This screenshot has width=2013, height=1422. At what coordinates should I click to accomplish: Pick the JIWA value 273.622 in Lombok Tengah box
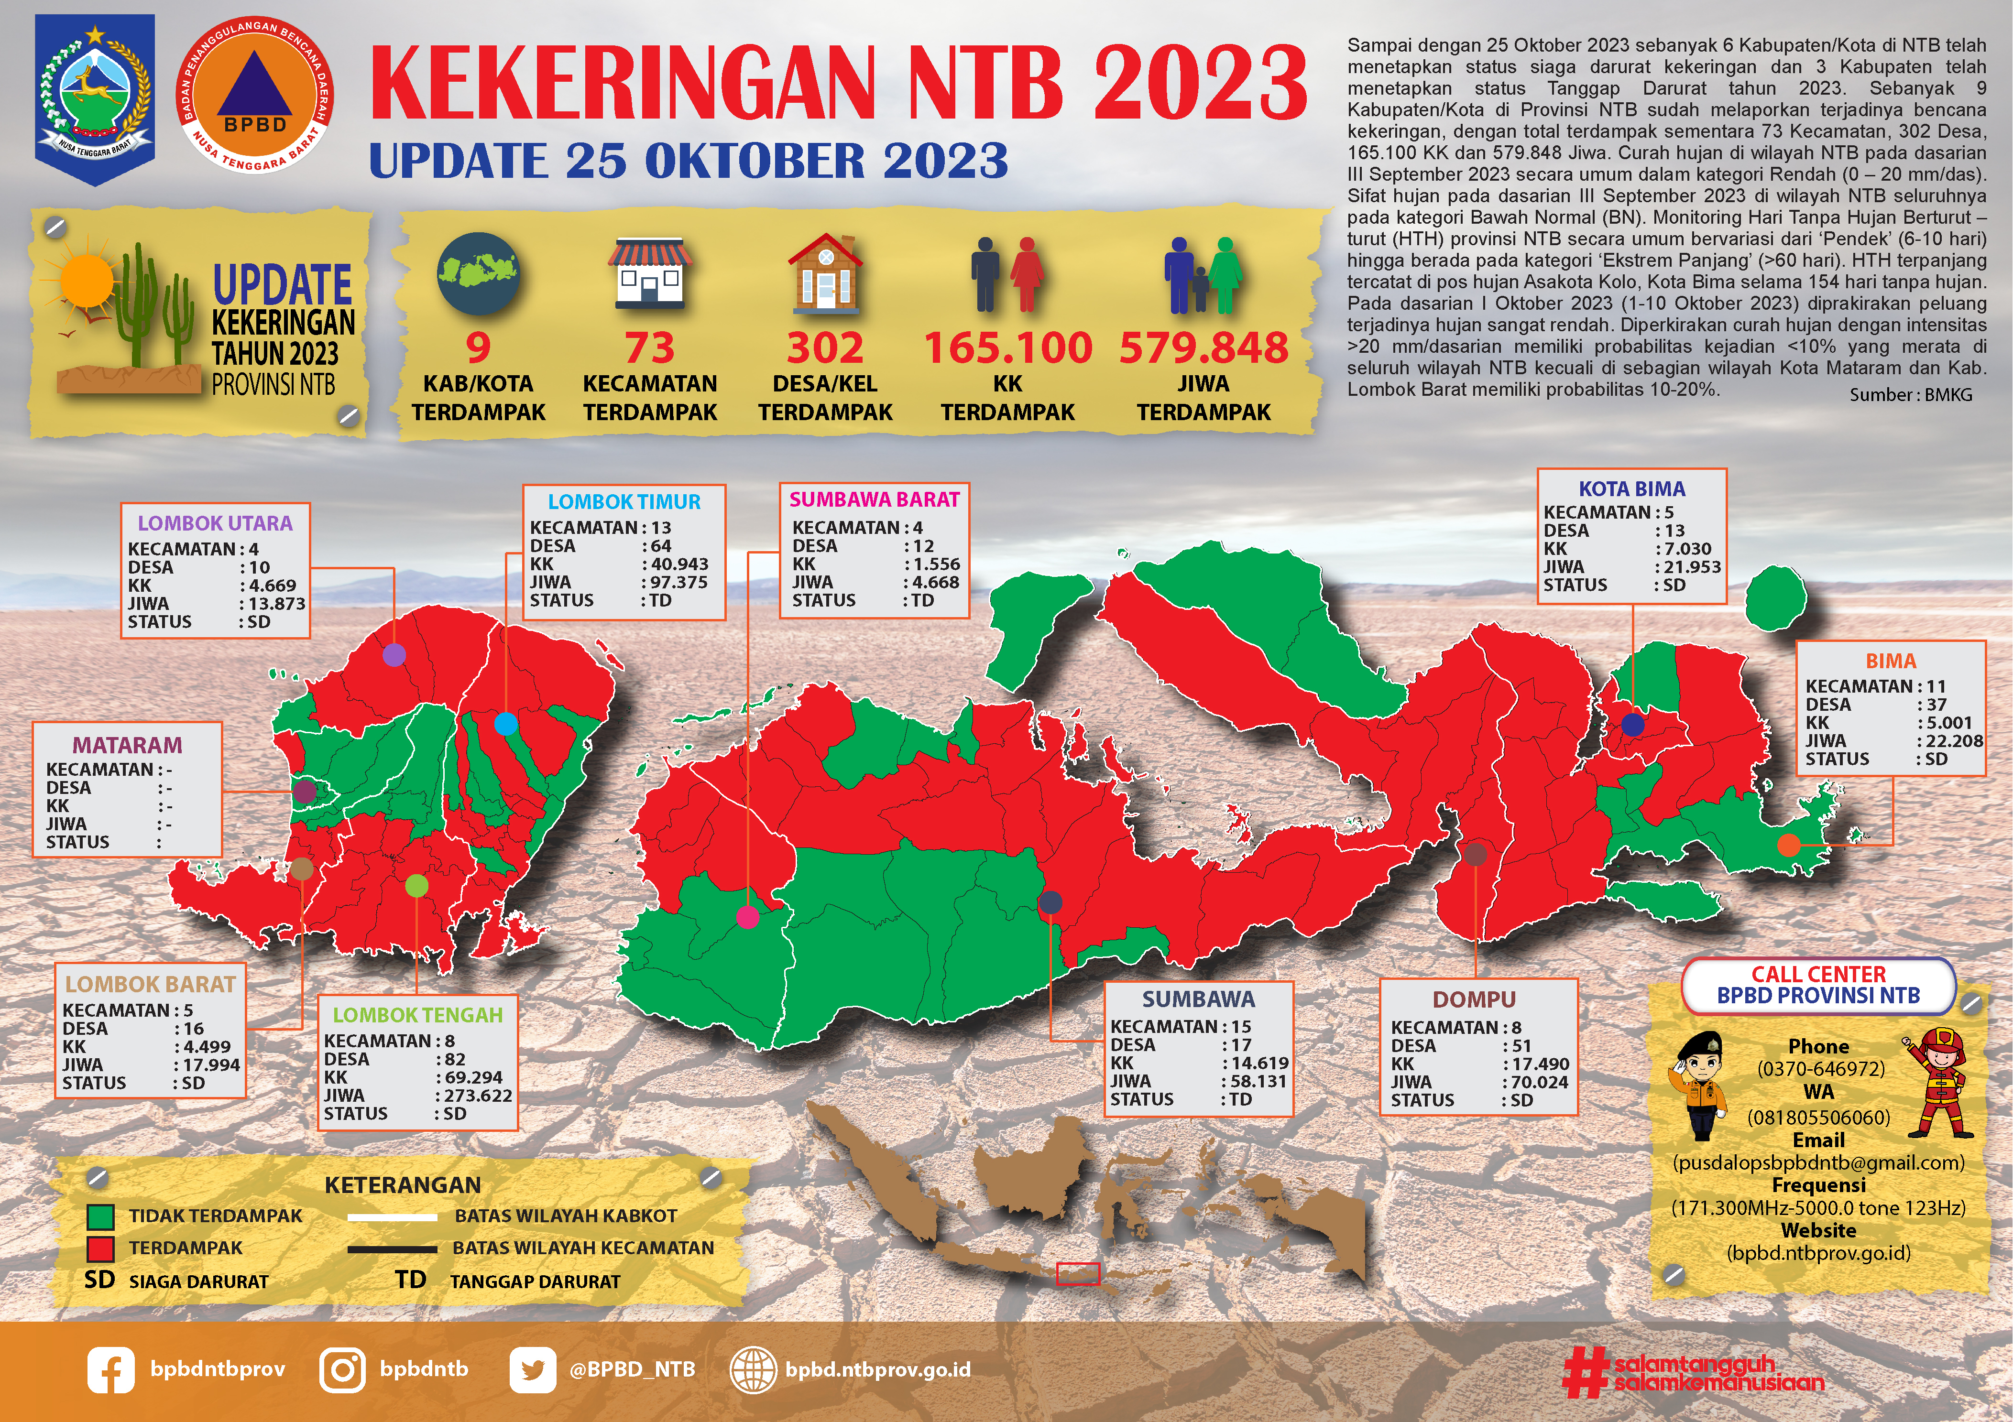pos(473,1095)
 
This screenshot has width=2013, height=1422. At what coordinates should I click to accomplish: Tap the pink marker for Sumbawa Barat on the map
pos(748,917)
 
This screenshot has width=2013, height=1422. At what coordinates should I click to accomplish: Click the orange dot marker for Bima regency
pos(1789,845)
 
